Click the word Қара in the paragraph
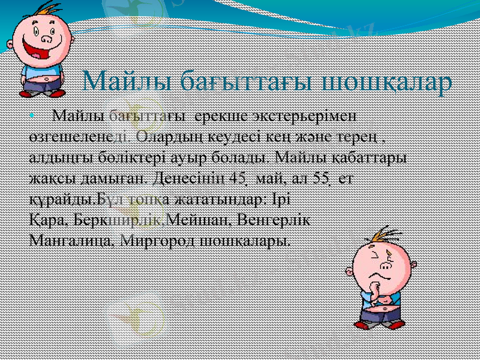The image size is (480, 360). pyautogui.click(x=46, y=220)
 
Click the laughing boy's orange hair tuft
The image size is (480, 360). pyautogui.click(x=41, y=8)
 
